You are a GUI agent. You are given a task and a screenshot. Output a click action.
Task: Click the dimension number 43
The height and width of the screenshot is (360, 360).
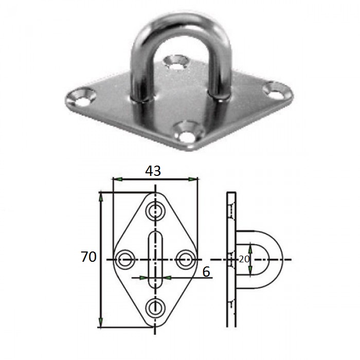pos(153,171)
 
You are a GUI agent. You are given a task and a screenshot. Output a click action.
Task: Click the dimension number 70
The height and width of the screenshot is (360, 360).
pos(88,257)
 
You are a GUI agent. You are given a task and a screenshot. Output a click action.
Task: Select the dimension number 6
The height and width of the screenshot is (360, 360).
pos(206,272)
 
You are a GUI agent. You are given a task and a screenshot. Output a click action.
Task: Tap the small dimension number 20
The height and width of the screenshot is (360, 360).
pos(244,259)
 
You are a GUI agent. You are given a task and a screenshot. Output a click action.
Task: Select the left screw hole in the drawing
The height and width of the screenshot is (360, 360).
pos(125,260)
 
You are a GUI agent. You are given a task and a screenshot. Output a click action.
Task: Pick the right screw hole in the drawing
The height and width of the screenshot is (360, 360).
pos(186,260)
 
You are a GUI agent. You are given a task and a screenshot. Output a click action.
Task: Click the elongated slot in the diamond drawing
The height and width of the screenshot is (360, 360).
pos(156,259)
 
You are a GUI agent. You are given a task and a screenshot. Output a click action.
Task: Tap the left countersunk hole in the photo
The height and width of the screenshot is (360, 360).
pos(83,98)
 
